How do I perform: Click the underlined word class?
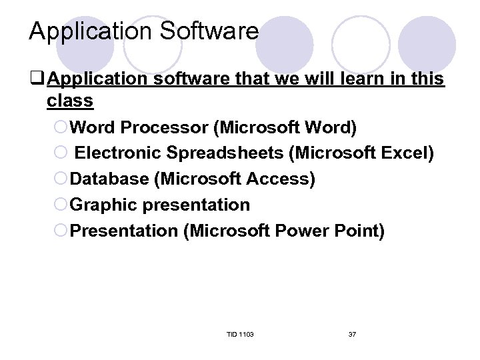70,101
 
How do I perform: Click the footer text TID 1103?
240,333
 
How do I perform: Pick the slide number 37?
352,333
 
